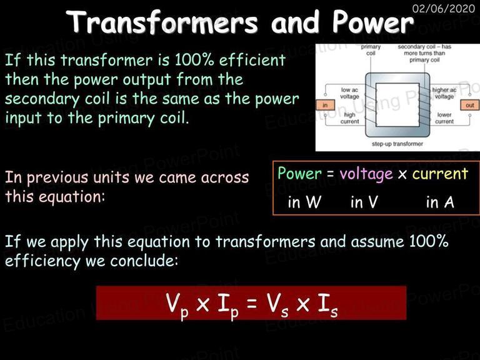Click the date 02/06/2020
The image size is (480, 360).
(443, 8)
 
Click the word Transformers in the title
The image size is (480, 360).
(162, 22)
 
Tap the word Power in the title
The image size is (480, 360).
(373, 22)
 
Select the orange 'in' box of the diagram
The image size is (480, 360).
(325, 105)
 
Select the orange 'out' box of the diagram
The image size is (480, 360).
(470, 105)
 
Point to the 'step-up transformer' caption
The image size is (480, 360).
(397, 144)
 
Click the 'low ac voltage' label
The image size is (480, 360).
(349, 93)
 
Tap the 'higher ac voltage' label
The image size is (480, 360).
(444, 93)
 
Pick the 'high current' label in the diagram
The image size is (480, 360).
(349, 118)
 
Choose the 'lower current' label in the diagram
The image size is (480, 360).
(444, 118)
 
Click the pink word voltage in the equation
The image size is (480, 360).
(366, 174)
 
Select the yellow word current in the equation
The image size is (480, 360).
(440, 174)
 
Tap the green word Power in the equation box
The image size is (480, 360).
(299, 173)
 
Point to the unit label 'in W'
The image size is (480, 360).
(304, 202)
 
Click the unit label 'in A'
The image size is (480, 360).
(440, 202)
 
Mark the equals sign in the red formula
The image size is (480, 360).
(252, 303)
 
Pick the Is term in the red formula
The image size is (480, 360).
(327, 305)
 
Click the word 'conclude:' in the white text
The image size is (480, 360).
(144, 261)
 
